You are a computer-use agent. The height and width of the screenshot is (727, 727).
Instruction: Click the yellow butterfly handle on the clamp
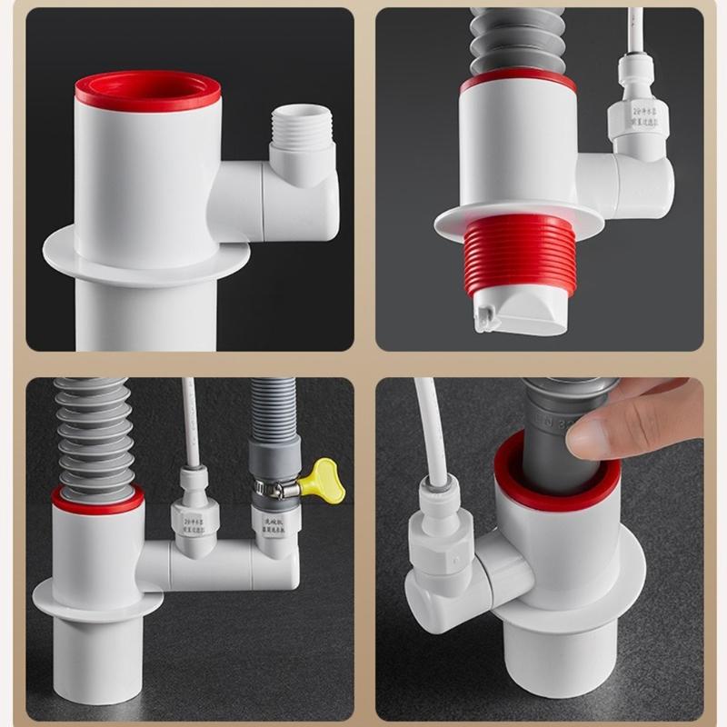click(x=325, y=481)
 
